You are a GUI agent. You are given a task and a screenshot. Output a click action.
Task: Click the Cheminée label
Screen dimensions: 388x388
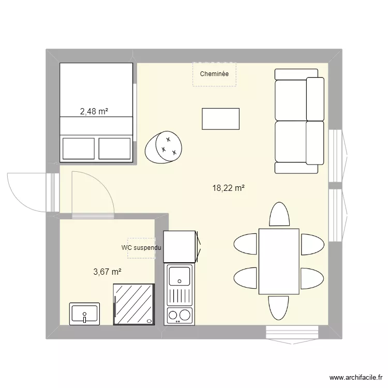(214, 74)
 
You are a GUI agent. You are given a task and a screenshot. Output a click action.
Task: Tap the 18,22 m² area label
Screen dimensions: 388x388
(228, 189)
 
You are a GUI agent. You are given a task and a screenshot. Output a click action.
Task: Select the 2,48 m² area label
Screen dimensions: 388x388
(94, 110)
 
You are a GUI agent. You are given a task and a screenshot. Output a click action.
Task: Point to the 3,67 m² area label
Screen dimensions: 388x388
(108, 271)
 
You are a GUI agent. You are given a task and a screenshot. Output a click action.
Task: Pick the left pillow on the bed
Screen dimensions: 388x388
(79, 148)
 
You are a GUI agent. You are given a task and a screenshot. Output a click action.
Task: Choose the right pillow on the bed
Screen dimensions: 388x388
(114, 148)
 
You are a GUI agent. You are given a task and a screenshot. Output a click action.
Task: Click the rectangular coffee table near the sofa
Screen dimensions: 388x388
(220, 118)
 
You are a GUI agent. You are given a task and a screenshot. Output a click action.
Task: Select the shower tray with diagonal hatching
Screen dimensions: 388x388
(134, 304)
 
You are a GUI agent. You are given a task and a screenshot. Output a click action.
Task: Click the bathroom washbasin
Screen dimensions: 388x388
(85, 314)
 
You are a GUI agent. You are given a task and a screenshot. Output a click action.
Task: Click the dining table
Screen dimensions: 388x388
(279, 261)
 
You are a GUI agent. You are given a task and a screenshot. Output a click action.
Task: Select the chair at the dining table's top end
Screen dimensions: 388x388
(279, 215)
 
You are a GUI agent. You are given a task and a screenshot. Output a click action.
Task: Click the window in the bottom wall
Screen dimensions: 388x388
(292, 332)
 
